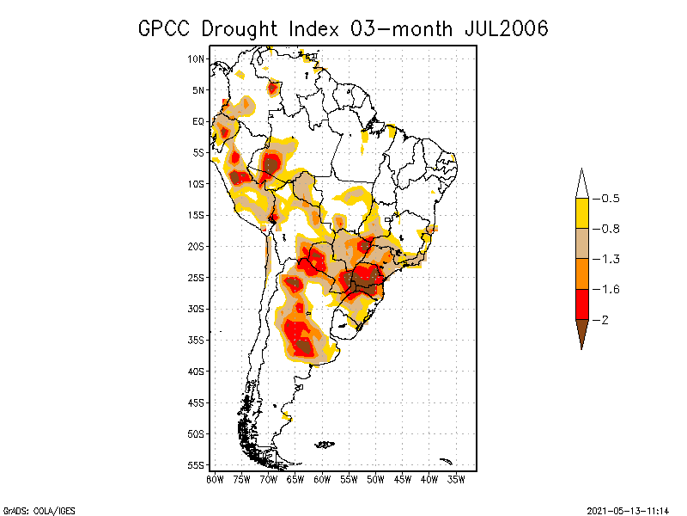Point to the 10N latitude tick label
(197, 58)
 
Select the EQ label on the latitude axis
(198, 121)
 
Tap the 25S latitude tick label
(197, 278)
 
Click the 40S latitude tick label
(197, 372)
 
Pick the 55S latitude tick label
(197, 465)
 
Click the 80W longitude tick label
(215, 479)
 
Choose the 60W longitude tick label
(322, 479)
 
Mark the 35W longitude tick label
(457, 479)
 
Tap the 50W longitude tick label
(376, 479)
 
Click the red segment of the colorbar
(581, 304)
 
